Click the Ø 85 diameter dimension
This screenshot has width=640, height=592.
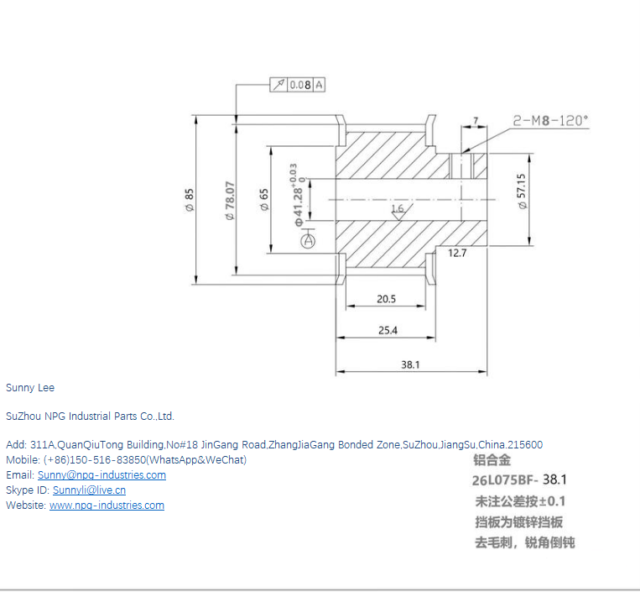coord(190,201)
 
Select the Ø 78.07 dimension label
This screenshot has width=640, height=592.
coord(230,201)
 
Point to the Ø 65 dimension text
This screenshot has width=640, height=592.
coord(264,201)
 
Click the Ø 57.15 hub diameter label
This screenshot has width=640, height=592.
coord(522,193)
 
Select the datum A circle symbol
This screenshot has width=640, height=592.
coord(309,241)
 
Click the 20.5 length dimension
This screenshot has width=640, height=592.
coord(386,299)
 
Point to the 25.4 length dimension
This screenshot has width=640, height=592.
coord(388,330)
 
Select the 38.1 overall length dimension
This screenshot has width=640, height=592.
coord(410,364)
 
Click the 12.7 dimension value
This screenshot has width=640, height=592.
coord(457,252)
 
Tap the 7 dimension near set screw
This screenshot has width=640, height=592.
coord(476,121)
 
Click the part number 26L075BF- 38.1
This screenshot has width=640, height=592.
coord(520,480)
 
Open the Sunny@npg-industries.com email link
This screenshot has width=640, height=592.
coord(101,475)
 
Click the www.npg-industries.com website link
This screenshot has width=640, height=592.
coord(107,506)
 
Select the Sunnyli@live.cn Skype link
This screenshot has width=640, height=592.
coord(89,490)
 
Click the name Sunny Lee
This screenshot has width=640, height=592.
coord(30,388)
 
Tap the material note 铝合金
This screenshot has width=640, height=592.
coord(492,460)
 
